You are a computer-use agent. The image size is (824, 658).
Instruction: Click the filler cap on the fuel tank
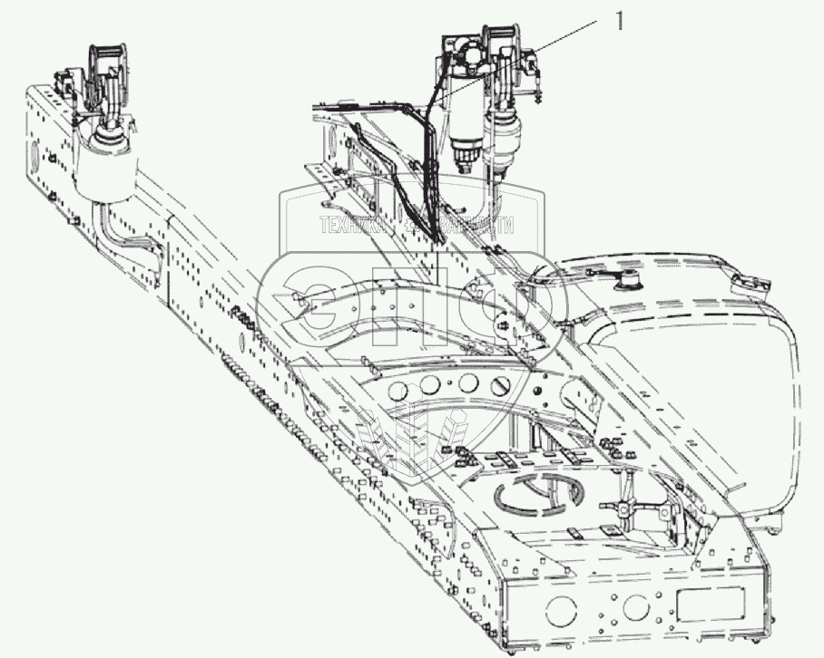coord(626,282)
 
